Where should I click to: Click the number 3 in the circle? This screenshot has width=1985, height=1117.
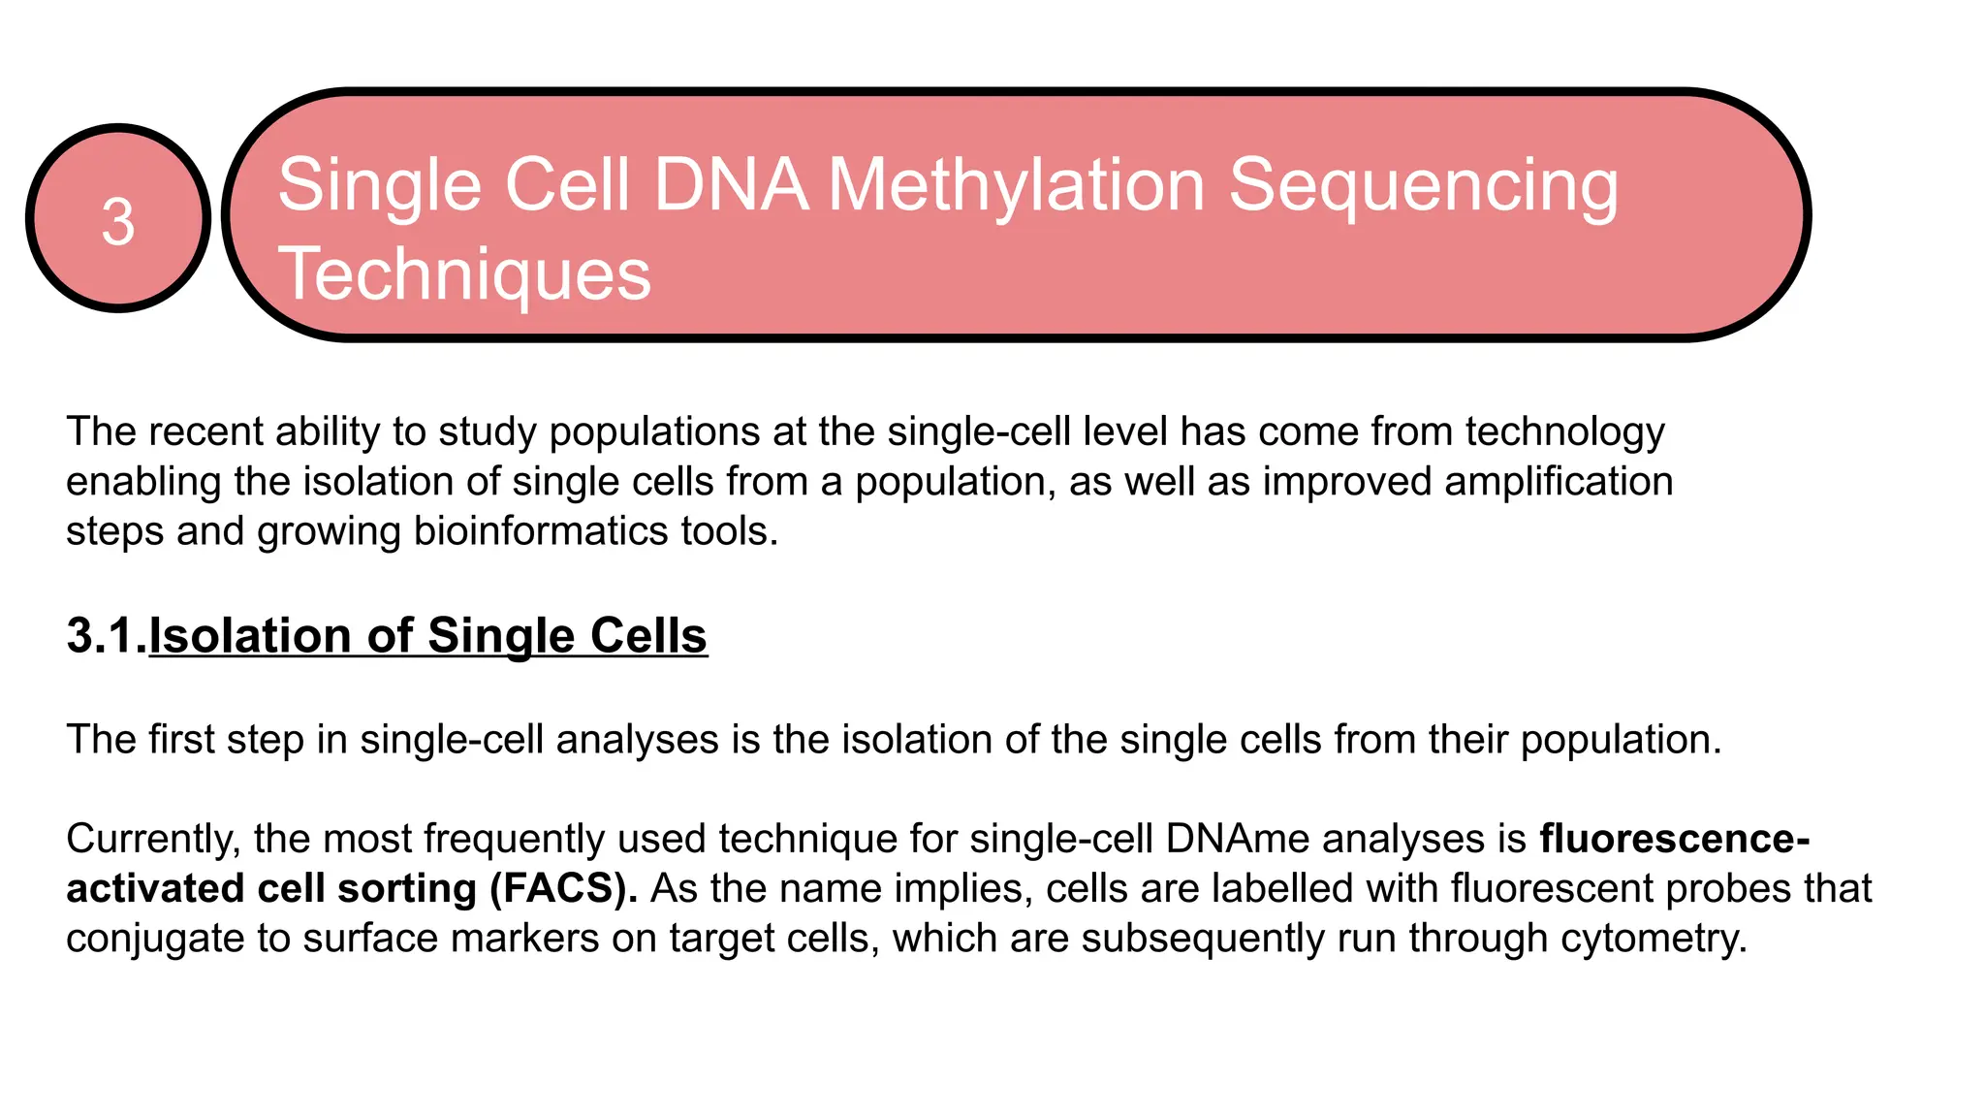pyautogui.click(x=118, y=221)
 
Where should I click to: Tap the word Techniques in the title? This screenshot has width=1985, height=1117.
pyautogui.click(x=464, y=273)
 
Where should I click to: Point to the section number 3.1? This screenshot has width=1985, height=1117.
pyautogui.click(x=106, y=636)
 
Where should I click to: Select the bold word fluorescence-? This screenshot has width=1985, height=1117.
pyautogui.click(x=1674, y=838)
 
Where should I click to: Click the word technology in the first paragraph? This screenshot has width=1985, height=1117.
pyautogui.click(x=1564, y=431)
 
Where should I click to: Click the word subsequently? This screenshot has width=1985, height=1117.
pyautogui.click(x=1203, y=938)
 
